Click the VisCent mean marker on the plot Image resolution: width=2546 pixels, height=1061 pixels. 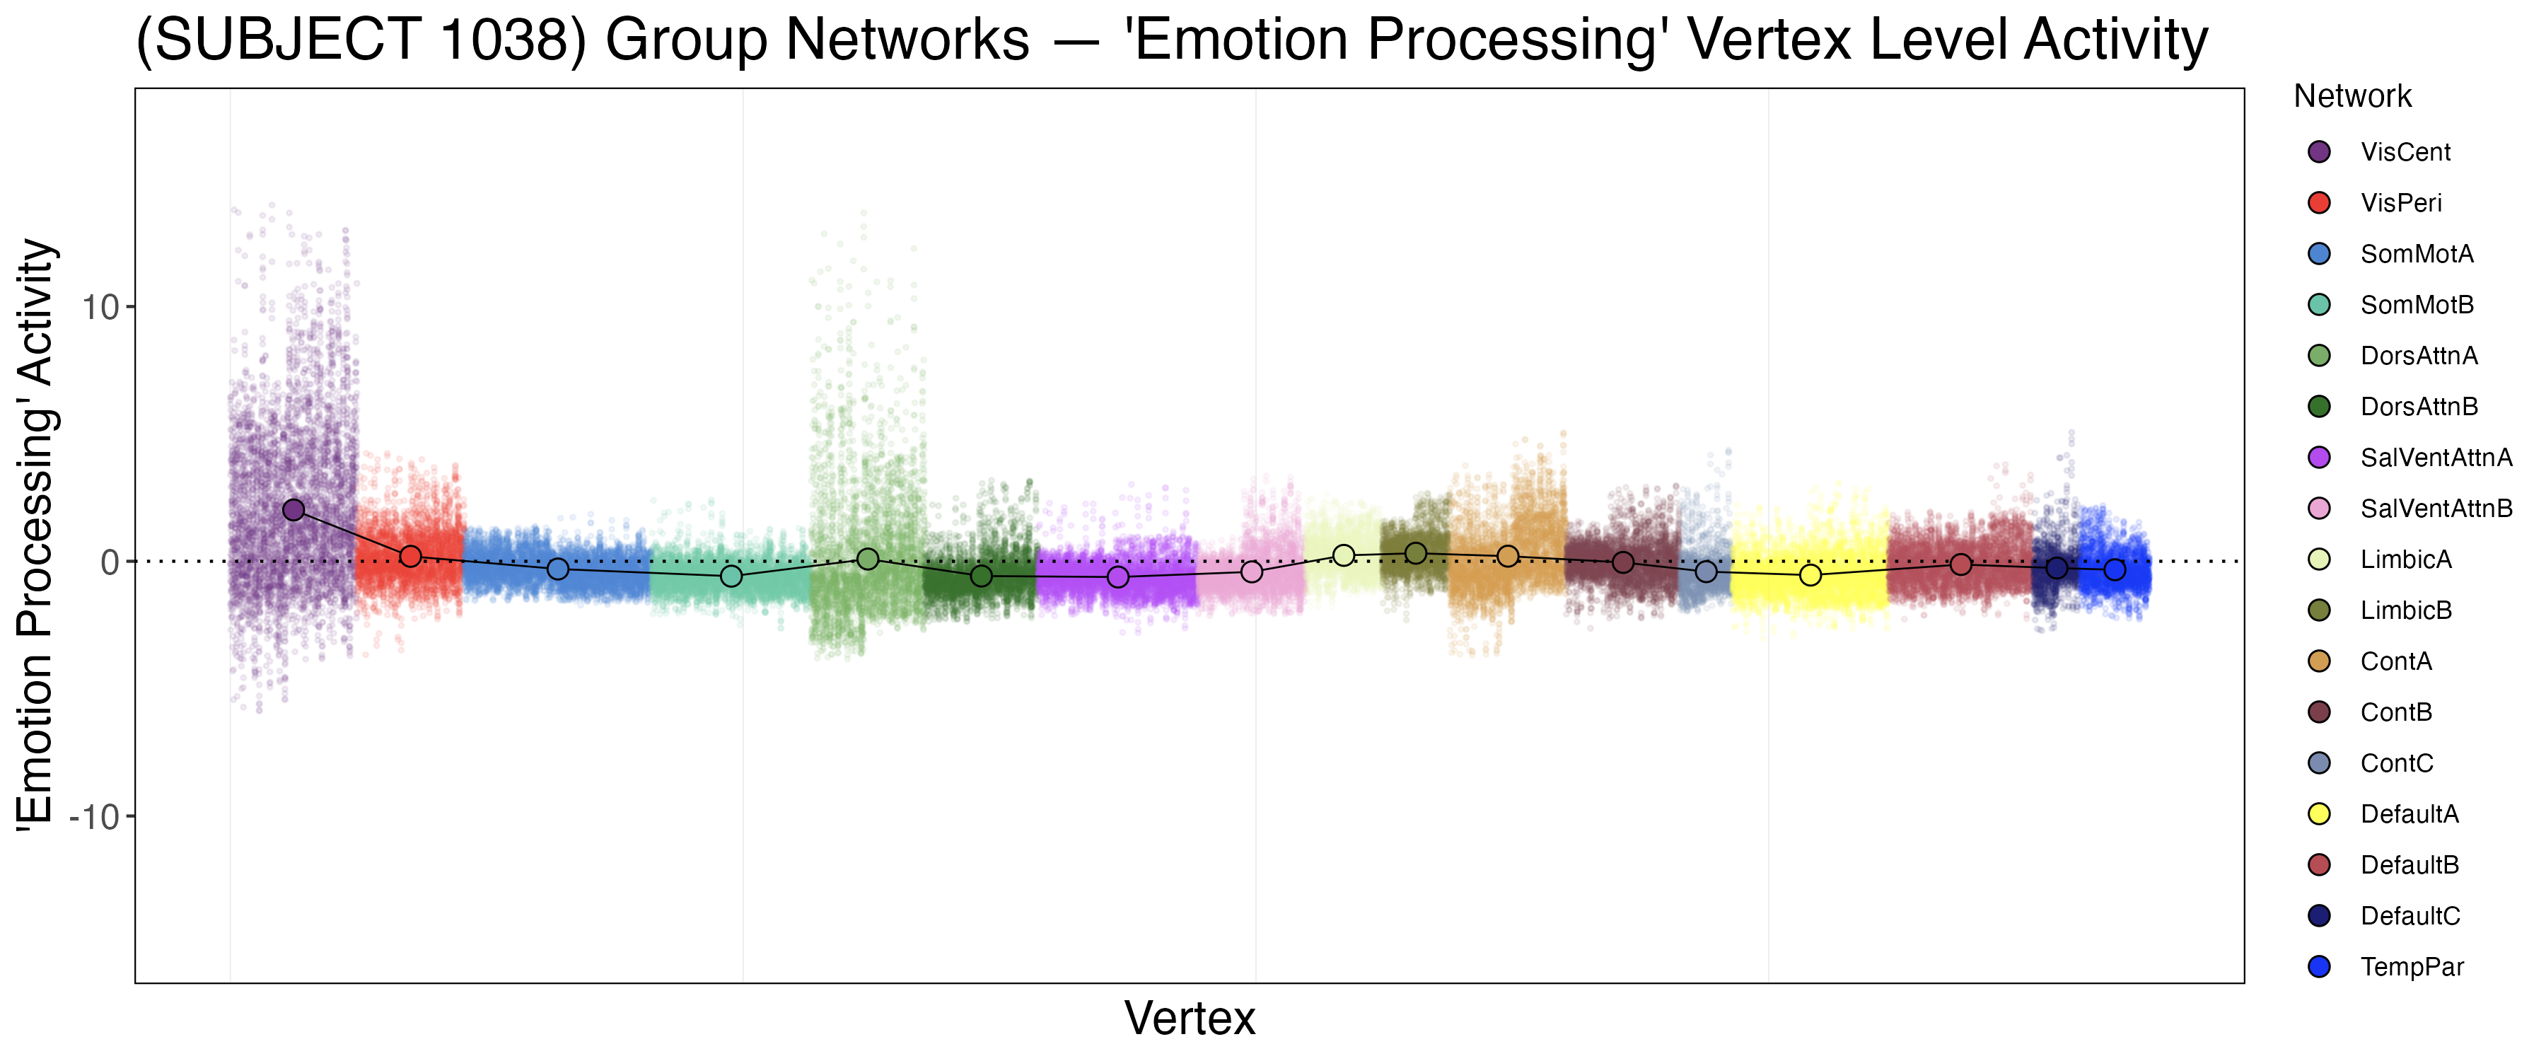[x=293, y=510]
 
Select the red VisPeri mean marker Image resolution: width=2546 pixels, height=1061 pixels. [x=411, y=557]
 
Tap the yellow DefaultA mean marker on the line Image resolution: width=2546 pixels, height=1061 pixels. [x=1810, y=574]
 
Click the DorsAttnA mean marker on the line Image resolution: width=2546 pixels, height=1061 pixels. [x=868, y=559]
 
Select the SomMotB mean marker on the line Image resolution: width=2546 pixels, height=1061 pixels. [x=731, y=576]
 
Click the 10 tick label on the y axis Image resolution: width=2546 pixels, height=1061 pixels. [x=100, y=308]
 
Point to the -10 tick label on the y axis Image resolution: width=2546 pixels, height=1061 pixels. [x=94, y=818]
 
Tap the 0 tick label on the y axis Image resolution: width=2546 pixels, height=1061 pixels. [x=110, y=562]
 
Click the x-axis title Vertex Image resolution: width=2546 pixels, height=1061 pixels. [x=1190, y=1019]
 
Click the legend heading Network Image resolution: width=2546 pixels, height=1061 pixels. [x=2352, y=96]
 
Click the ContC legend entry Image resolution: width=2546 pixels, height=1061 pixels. [x=2396, y=763]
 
